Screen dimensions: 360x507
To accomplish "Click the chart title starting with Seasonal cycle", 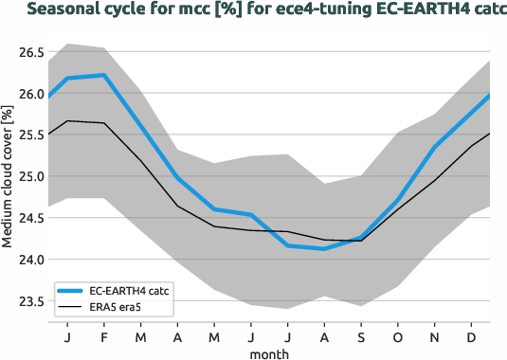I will coord(253,11).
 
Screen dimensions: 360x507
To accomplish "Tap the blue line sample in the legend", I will coord(72,291).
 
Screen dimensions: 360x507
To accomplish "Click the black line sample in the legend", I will coord(72,307).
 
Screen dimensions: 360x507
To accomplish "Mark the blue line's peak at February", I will coord(103,75).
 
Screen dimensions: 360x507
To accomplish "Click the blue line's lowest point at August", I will coord(325,249).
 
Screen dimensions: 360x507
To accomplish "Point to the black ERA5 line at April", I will coord(177,206).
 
